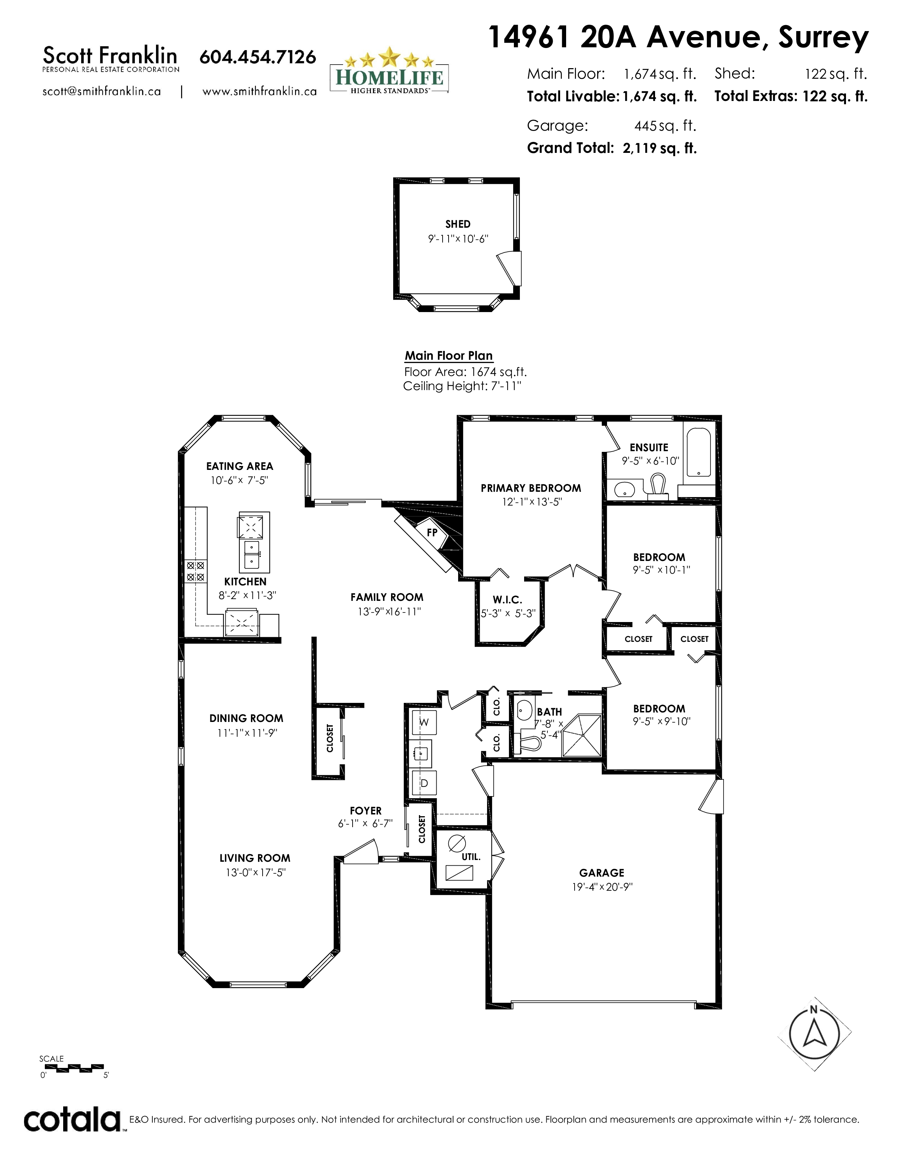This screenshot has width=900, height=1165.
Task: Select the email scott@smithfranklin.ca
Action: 101,91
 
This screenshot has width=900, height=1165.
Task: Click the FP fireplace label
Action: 432,532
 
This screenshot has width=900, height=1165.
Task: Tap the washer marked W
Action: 424,723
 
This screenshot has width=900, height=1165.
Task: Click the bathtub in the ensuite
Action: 698,452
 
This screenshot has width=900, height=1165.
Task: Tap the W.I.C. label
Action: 507,600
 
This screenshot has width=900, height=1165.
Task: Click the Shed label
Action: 458,224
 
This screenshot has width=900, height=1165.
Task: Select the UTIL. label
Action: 471,857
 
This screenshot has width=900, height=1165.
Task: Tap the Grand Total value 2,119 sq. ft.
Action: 660,148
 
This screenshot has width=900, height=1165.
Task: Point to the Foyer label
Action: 366,811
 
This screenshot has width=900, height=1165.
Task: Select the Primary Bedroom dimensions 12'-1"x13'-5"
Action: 531,502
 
